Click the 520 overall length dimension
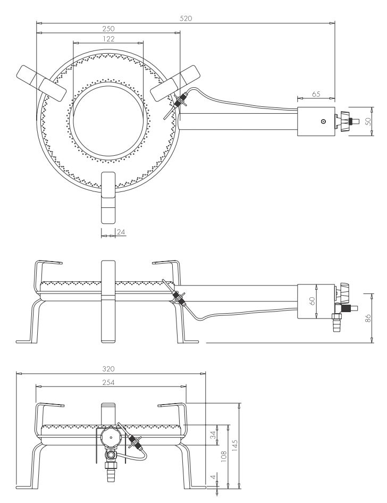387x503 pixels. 186,18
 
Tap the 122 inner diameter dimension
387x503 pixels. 108,39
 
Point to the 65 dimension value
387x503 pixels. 316,94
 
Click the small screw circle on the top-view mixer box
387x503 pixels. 324,122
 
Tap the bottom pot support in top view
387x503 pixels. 108,198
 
